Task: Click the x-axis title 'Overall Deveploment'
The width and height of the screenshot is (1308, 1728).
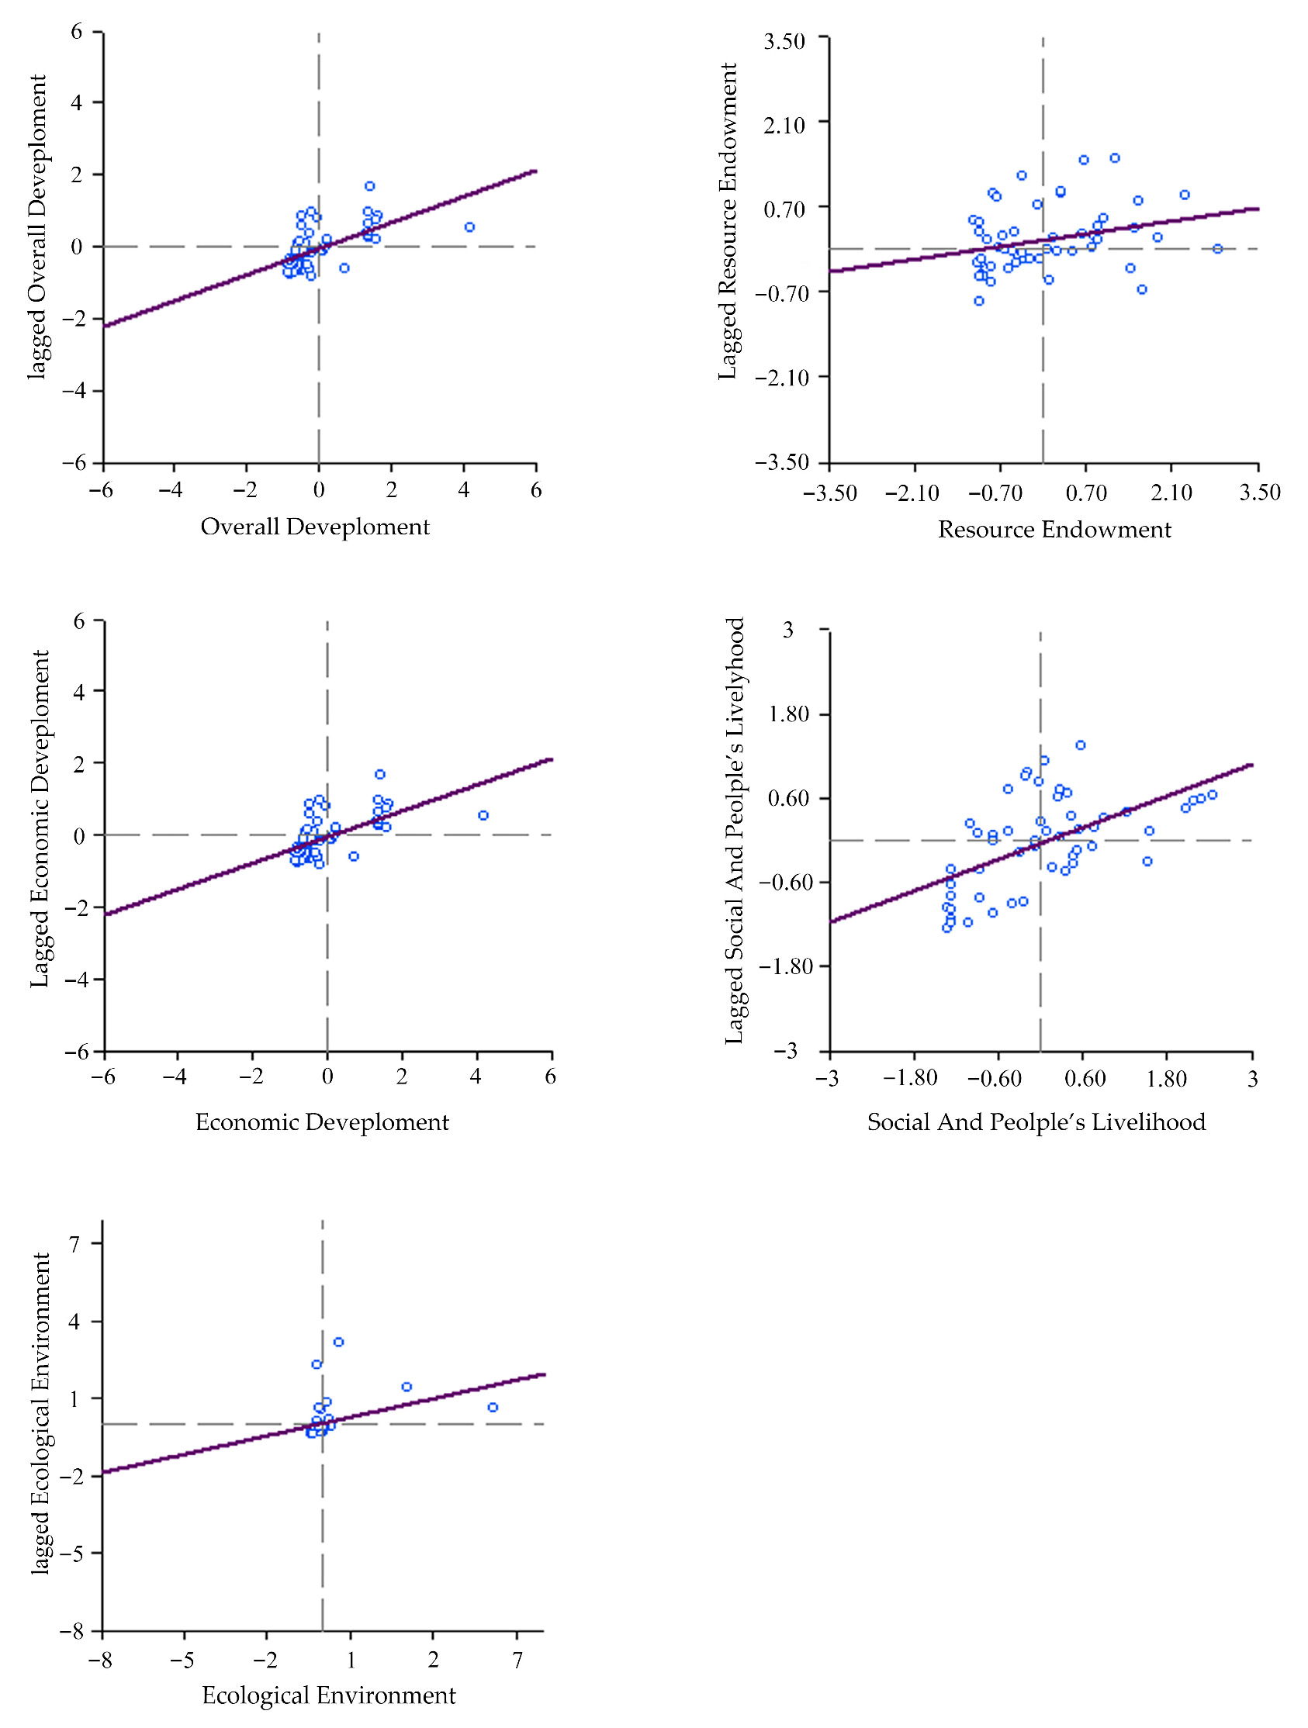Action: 315,527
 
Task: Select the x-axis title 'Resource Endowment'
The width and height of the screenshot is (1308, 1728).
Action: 1054,530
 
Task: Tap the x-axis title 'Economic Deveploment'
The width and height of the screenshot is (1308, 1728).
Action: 322,1121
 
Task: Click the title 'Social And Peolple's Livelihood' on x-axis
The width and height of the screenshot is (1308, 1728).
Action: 1036,1121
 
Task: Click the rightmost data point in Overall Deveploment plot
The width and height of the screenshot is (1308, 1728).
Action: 469,227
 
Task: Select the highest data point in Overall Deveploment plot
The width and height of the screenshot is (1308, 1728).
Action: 369,186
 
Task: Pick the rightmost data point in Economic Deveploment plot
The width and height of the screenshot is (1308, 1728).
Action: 483,816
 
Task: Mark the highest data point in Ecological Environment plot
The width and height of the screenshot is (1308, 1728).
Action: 338,1342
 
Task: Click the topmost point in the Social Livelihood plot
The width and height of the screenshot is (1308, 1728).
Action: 1081,745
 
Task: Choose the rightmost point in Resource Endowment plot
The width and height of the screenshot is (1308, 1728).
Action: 1217,249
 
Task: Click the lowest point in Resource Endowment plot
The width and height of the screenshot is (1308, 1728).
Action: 979,301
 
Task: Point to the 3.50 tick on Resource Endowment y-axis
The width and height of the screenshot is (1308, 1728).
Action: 784,41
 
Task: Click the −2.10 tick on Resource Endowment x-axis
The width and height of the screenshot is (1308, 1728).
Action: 912,493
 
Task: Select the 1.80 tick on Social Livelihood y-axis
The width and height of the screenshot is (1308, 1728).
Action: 789,714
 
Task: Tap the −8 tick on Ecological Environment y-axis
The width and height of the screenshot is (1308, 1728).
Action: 72,1631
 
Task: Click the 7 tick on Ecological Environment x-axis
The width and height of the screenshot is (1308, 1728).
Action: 517,1660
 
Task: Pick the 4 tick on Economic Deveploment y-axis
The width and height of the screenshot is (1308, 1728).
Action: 78,692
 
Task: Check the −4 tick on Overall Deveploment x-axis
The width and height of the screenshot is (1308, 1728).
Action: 171,491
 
